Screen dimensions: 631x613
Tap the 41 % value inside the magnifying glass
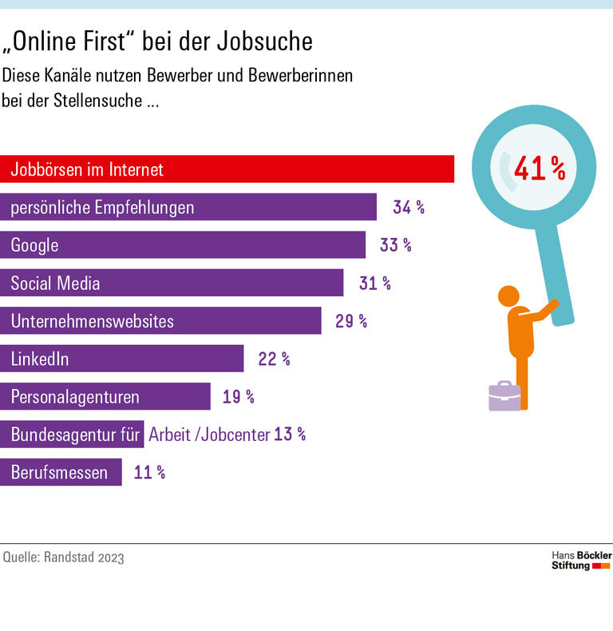coord(540,169)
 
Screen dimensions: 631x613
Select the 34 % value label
coord(409,208)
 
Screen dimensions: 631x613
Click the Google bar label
coord(35,245)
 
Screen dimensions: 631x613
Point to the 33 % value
coord(396,245)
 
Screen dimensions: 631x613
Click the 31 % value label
coord(374,283)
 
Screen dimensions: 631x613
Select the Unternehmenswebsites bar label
coord(93,321)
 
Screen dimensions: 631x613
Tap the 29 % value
coord(351,321)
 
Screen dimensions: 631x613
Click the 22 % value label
coord(274,359)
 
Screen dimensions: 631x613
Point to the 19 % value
coord(239,396)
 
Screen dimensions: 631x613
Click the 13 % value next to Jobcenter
coord(290,435)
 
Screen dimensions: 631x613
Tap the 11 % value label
coord(149,472)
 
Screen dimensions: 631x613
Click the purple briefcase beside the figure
coord(504,395)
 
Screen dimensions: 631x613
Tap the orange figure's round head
coord(509,296)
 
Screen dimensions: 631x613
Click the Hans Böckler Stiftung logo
coord(581,560)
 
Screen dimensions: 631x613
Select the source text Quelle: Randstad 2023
coord(64,558)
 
